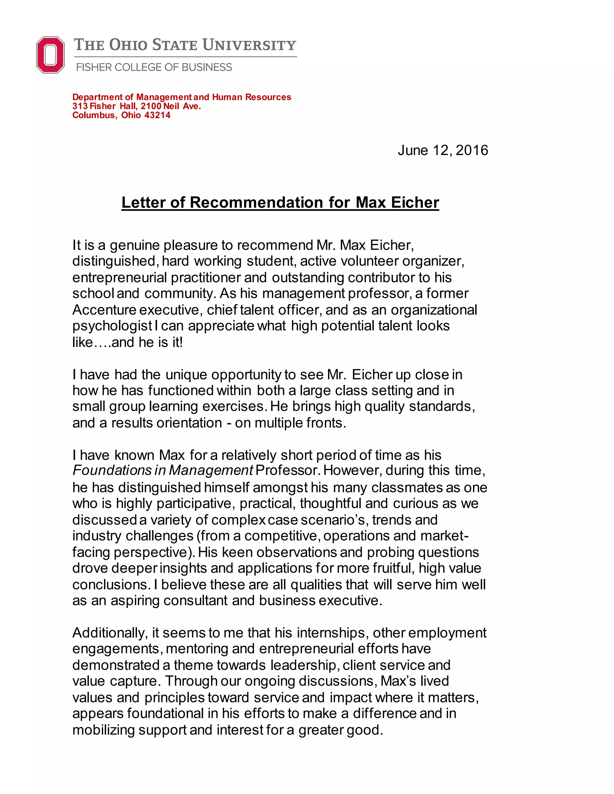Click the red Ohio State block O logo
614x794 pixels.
tap(50, 55)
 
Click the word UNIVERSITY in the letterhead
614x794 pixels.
tap(249, 45)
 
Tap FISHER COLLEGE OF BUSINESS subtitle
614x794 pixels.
tap(154, 67)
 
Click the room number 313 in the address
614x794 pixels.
tap(80, 106)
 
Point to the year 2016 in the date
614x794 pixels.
tap(472, 150)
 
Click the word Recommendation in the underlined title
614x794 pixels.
tap(256, 203)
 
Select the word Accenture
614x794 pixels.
tap(104, 310)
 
